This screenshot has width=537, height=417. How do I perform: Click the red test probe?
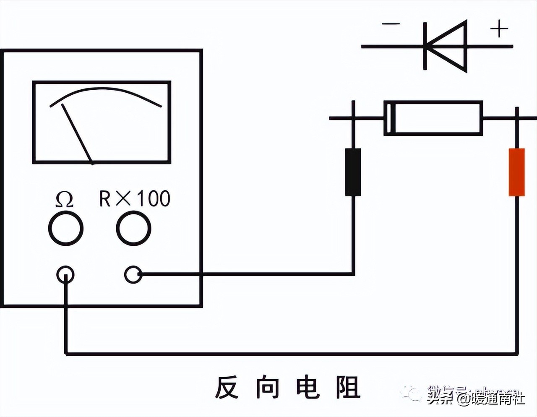[516, 172]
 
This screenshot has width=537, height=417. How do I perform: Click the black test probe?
[353, 172]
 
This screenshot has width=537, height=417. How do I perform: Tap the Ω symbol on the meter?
[65, 200]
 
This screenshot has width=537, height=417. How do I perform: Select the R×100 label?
[135, 198]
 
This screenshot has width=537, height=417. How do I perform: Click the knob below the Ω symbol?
[66, 229]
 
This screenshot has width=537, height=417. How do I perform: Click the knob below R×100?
[133, 229]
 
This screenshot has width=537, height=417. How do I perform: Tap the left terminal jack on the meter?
[65, 275]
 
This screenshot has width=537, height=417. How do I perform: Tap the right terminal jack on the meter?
[133, 275]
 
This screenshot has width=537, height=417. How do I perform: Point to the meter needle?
[78, 133]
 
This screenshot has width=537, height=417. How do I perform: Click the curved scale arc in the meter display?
[105, 89]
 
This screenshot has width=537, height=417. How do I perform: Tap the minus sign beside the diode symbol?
[391, 23]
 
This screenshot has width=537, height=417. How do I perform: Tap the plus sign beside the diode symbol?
[499, 29]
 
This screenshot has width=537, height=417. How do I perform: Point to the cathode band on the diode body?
[389, 118]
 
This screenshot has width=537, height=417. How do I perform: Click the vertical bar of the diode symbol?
[425, 46]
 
